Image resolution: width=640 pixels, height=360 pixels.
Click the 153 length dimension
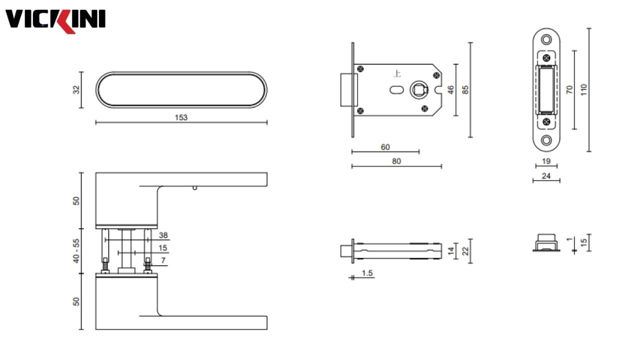[181, 117]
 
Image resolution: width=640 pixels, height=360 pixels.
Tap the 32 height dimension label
[76, 89]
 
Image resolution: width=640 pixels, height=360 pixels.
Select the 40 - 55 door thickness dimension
[76, 251]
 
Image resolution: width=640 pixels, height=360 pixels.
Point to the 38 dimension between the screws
[163, 235]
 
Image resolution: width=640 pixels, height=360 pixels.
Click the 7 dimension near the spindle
[163, 260]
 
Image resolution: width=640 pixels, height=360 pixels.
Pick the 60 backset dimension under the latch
[385, 147]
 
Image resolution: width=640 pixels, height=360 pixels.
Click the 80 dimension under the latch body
[396, 161]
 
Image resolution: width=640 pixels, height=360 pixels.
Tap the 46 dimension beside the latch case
[450, 90]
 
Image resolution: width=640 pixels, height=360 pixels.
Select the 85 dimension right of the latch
[465, 90]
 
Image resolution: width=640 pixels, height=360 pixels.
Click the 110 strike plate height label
[583, 90]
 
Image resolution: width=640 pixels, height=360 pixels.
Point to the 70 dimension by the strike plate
[569, 90]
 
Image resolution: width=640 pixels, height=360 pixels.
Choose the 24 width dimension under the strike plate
[546, 176]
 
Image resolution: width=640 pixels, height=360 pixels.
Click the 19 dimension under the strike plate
[546, 161]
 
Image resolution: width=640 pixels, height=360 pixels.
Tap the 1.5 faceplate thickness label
[367, 273]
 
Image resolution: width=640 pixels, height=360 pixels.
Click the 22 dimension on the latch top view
[465, 251]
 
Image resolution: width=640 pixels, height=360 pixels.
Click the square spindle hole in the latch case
[417, 90]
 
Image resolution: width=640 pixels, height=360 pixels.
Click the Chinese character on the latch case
[397, 74]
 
